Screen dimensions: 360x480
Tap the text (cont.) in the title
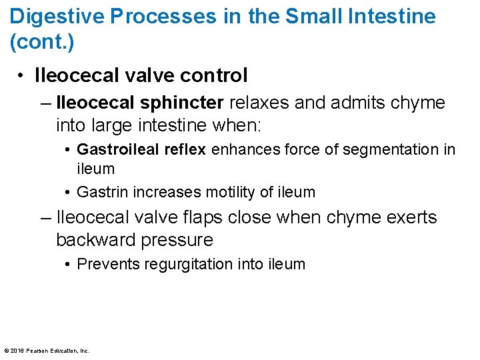[42, 42]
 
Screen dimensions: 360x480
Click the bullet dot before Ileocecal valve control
[22, 76]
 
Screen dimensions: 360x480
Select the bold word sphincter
[184, 103]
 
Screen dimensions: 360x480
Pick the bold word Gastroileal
[117, 149]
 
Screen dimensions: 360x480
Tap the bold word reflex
[184, 149]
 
